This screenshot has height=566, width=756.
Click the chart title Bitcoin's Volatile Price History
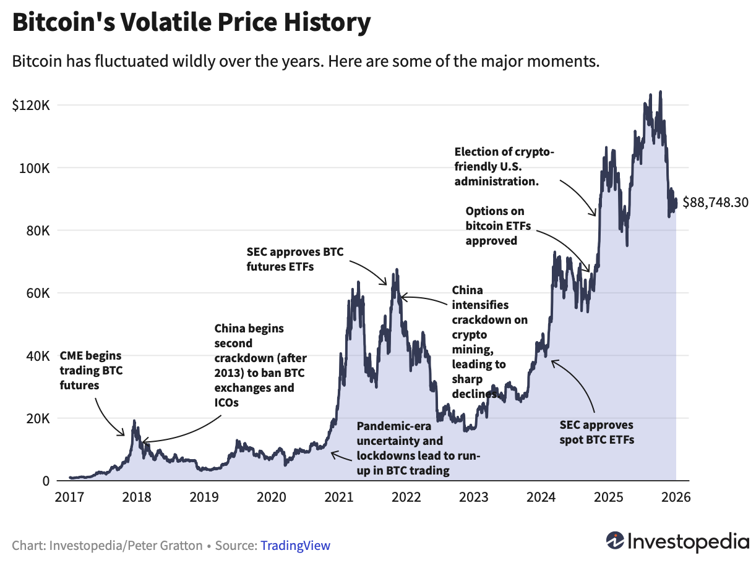[191, 23]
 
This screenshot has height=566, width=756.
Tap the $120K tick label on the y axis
[31, 104]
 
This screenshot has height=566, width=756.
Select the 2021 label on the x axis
[338, 497]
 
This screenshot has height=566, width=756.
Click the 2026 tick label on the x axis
[676, 497]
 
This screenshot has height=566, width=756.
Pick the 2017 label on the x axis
[69, 497]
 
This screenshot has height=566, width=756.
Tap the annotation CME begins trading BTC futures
[90, 371]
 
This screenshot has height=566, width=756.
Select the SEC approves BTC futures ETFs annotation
[294, 260]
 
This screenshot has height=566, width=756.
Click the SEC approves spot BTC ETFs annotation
[596, 433]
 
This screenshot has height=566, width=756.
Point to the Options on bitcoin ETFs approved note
[495, 226]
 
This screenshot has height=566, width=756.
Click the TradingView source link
[295, 546]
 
